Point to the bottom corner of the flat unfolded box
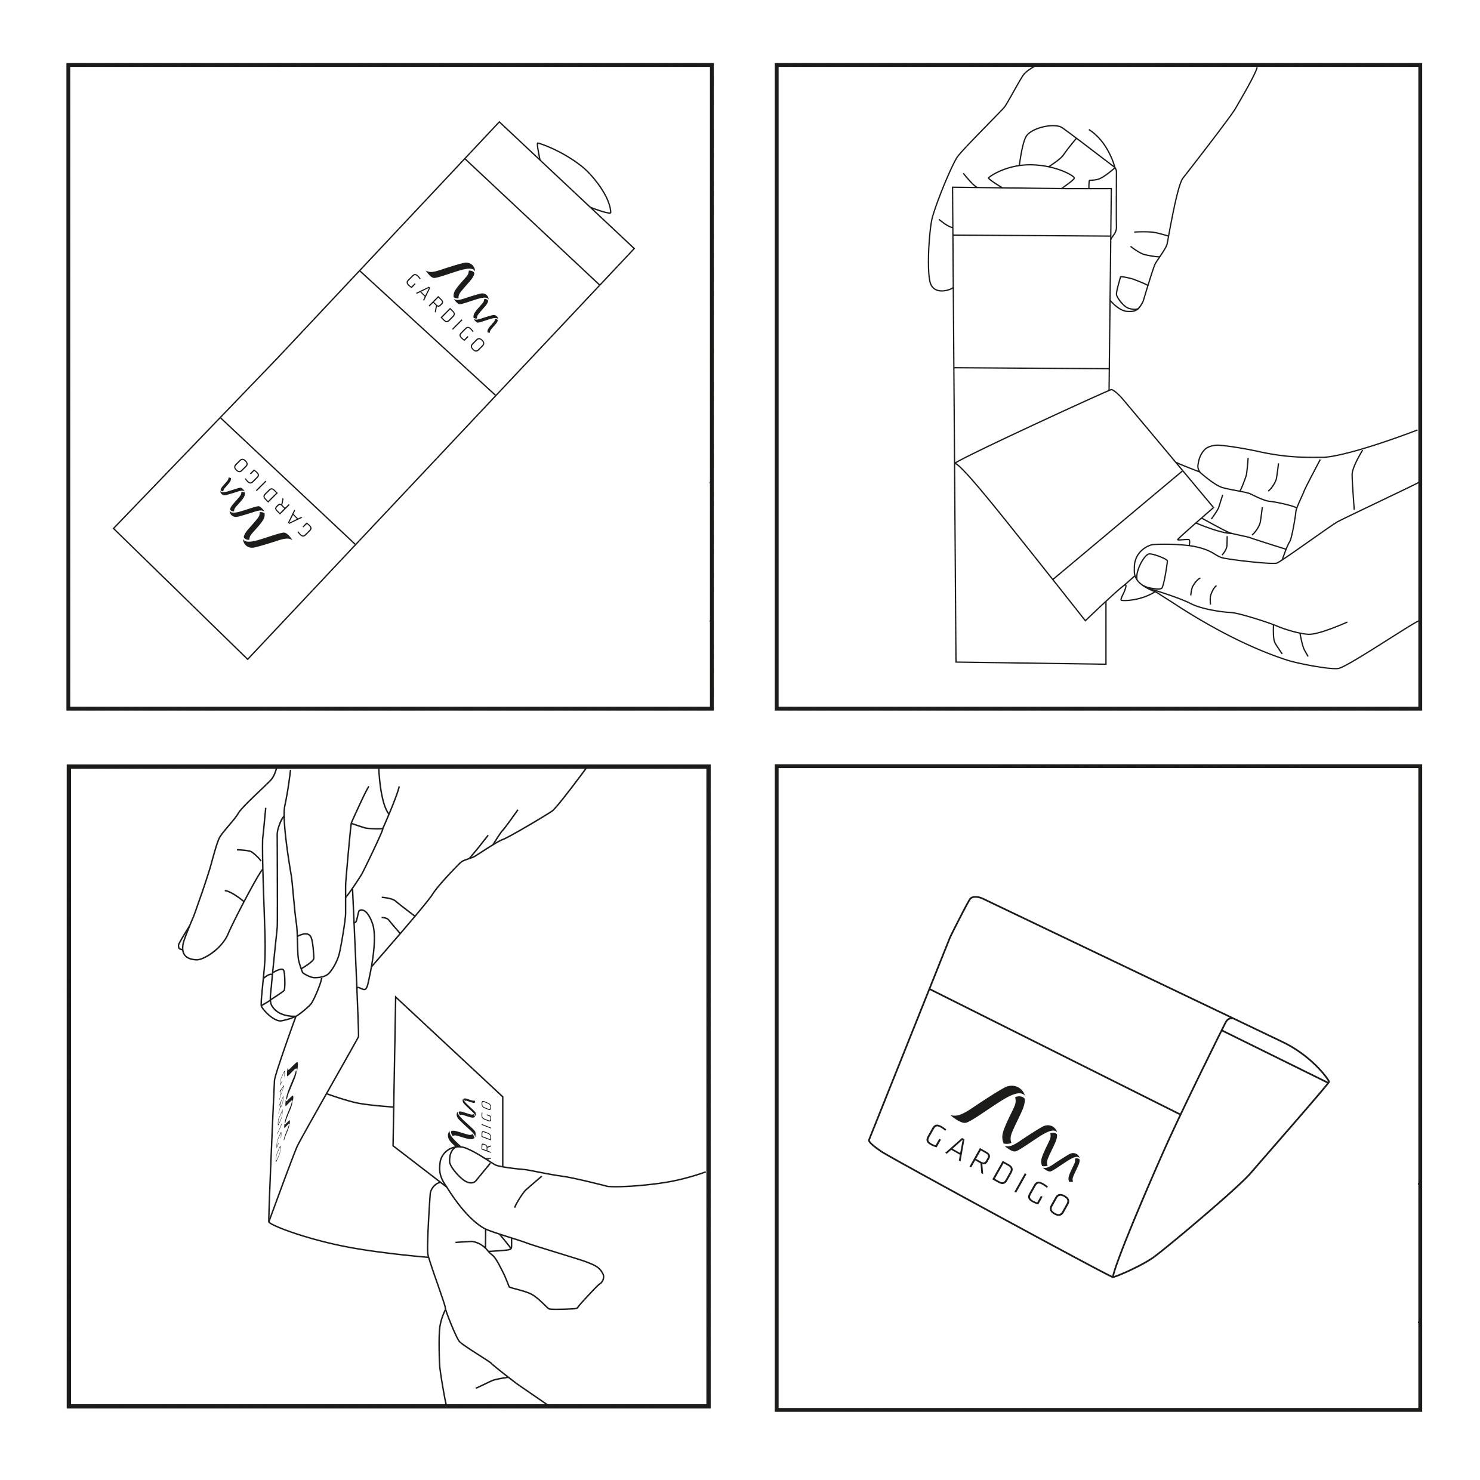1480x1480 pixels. click(248, 658)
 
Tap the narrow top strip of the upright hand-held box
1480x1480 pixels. click(1032, 211)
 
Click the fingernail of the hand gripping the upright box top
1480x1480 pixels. click(1129, 291)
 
